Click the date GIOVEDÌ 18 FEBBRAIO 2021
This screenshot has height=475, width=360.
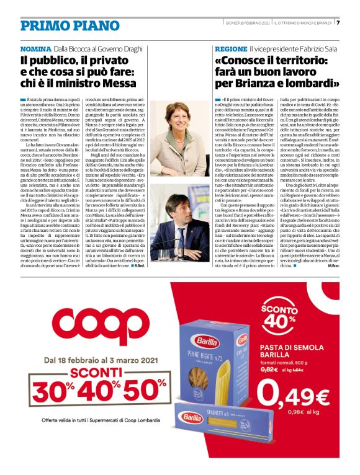point(248,23)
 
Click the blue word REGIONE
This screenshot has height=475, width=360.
point(231,48)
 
